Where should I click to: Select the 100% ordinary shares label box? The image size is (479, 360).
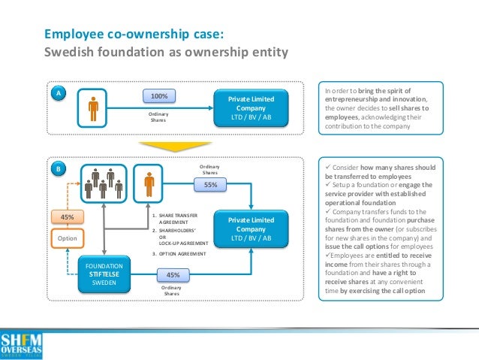click(158, 97)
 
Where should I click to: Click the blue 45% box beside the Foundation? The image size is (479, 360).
click(172, 275)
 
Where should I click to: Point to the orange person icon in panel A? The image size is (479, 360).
click(93, 107)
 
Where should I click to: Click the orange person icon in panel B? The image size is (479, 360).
click(149, 182)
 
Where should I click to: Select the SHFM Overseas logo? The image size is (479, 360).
click(21, 343)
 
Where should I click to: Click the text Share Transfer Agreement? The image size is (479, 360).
click(173, 219)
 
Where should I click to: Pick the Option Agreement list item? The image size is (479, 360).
click(177, 254)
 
